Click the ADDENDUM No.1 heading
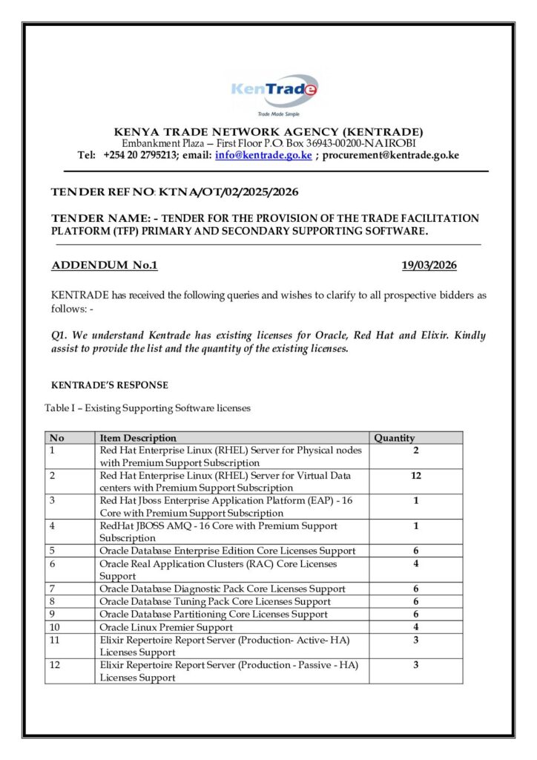(104, 266)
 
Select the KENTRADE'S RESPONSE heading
(109, 385)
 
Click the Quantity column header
(395, 438)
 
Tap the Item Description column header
(138, 438)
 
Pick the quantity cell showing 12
(416, 476)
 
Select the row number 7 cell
(53, 589)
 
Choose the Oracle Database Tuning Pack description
(215, 601)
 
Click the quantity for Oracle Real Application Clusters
(416, 564)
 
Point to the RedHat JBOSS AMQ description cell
(219, 531)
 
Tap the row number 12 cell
(55, 665)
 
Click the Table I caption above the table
(148, 408)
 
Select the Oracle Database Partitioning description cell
(214, 615)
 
